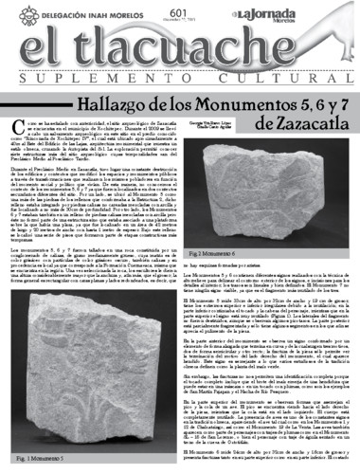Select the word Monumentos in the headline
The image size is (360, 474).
click(x=241, y=112)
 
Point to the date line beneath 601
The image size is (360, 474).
click(x=181, y=18)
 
